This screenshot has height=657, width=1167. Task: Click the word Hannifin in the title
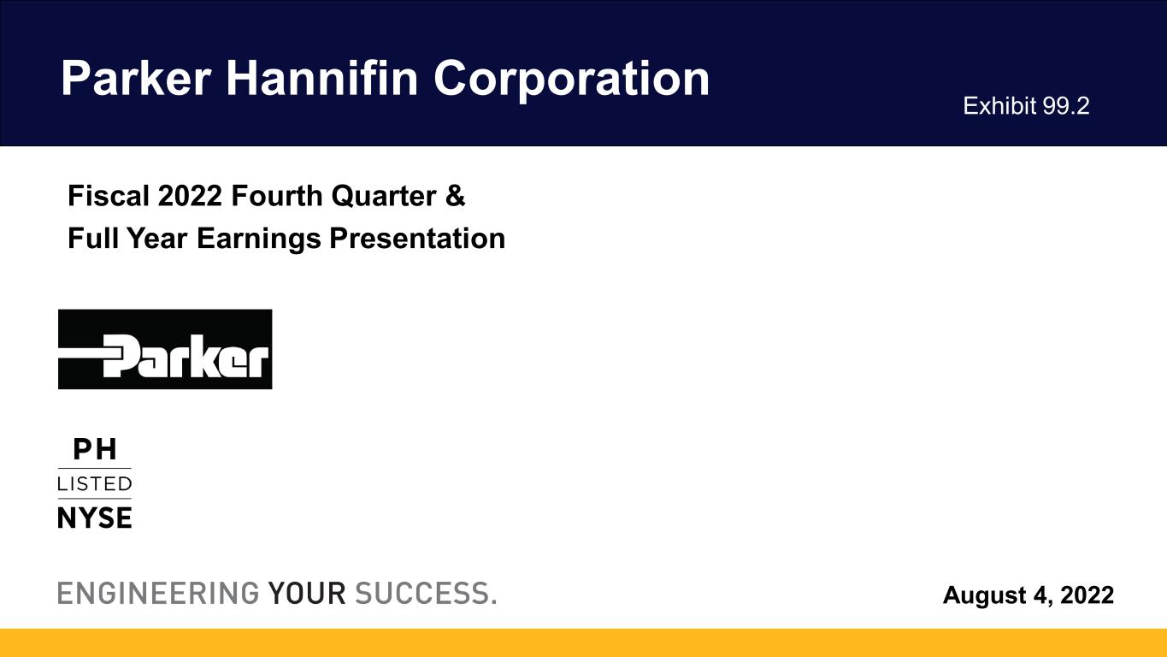321,78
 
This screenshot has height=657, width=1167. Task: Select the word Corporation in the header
571,80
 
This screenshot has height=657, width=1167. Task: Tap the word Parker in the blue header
136,78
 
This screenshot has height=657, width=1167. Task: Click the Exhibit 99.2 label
1026,106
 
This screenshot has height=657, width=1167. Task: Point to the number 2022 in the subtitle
190,196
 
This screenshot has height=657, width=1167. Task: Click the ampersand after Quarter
455,196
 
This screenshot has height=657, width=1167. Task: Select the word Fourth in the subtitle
277,196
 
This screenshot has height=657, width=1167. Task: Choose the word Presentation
417,239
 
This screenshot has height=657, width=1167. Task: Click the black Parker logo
165,349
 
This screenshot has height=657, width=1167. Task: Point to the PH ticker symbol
95,449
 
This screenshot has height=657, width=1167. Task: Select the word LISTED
94,484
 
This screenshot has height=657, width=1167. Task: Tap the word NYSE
94,518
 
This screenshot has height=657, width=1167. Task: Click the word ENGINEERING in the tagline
158,594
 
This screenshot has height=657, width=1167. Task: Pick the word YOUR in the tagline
306,594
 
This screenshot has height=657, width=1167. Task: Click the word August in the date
985,595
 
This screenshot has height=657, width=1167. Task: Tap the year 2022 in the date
1087,595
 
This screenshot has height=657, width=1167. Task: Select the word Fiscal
109,196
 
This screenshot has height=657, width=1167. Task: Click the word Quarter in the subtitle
384,196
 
